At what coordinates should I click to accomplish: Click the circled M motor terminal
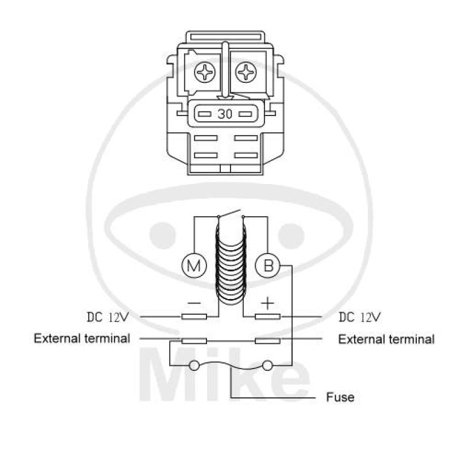pos(194,266)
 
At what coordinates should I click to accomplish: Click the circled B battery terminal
pos(268,266)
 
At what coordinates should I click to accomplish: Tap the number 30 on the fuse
pos(225,114)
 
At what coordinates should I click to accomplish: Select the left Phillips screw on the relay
pos(205,72)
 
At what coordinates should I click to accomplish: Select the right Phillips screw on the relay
pos(246,72)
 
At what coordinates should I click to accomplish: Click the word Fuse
pos(340,397)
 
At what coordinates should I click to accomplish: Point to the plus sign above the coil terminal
pos(267,303)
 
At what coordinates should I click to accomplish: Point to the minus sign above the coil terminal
pos(194,303)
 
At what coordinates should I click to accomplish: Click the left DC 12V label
pos(108,317)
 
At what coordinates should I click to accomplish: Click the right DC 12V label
pos(360,317)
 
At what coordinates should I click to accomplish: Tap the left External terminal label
pos(82,339)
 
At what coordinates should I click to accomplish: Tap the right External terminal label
pos(386,339)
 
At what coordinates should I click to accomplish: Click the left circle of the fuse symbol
pos(194,366)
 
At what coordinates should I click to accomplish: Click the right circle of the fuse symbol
pos(267,366)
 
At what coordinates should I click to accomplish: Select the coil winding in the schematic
pos(231,264)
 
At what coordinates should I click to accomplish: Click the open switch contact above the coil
pos(229,213)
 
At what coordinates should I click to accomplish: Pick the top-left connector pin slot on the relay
pos(206,138)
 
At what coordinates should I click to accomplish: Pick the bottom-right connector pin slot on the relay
pos(246,155)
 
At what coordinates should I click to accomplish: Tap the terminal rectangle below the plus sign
pos(267,317)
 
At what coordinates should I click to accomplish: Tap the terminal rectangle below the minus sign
pos(194,317)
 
